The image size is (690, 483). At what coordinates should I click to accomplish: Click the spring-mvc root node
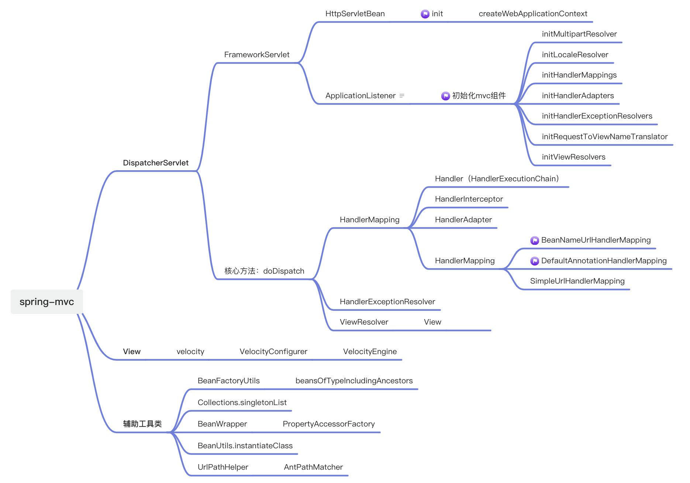pos(47,302)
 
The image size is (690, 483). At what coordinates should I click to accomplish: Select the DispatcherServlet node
pos(155,163)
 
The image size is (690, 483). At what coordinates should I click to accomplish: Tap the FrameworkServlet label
pos(256,55)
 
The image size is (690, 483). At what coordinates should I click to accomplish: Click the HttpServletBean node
pos(355,14)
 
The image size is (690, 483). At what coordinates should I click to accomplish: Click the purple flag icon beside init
pos(425,14)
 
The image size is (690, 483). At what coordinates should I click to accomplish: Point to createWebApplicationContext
pos(532,14)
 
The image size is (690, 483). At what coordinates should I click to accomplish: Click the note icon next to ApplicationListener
pos(402,96)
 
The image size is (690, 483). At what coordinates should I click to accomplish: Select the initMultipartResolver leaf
pos(579,34)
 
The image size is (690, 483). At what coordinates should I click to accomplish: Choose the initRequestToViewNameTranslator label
pos(604,137)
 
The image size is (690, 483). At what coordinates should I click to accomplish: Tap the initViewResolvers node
pos(573,157)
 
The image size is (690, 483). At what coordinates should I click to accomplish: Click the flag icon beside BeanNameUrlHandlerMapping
pos(534,240)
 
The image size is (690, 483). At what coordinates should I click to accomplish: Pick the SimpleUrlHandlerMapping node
pos(577,281)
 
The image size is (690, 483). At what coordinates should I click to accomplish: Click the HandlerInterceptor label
pos(469,199)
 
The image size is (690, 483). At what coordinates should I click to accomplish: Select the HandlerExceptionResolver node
pos(387,302)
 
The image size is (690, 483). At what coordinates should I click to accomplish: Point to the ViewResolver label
pos(363,322)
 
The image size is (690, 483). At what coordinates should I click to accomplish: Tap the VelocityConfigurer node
pos(273,352)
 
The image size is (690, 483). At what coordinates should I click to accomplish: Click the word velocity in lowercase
pos(190,352)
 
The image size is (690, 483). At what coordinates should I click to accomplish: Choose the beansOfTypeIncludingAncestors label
pos(354,381)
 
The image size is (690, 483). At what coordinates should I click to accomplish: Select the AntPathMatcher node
pos(313,467)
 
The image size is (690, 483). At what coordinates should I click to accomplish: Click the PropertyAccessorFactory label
pos(328,424)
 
